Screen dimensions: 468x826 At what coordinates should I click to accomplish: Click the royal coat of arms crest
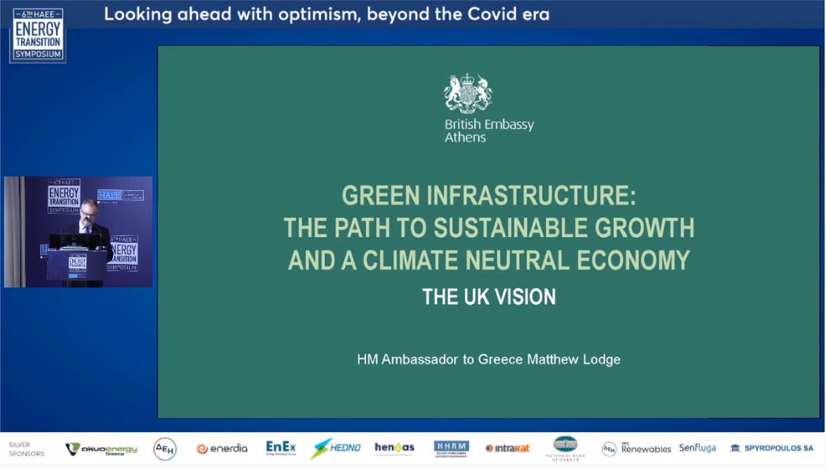click(x=467, y=93)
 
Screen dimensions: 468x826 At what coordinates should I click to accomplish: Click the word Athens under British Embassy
click(x=465, y=138)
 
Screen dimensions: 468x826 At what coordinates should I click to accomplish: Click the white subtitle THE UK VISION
click(x=489, y=297)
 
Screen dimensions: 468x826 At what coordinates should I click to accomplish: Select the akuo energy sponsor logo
click(x=102, y=449)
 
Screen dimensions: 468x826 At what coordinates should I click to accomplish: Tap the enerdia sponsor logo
click(x=222, y=449)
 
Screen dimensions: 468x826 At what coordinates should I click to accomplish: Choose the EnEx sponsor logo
click(x=281, y=448)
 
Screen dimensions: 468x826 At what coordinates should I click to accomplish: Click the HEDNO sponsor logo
click(x=335, y=449)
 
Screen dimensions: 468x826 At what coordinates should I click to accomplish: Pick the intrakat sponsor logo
click(x=507, y=449)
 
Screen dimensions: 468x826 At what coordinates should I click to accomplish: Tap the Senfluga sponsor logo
click(x=697, y=449)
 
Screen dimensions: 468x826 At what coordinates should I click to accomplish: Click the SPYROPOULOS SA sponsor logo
click(x=771, y=449)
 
